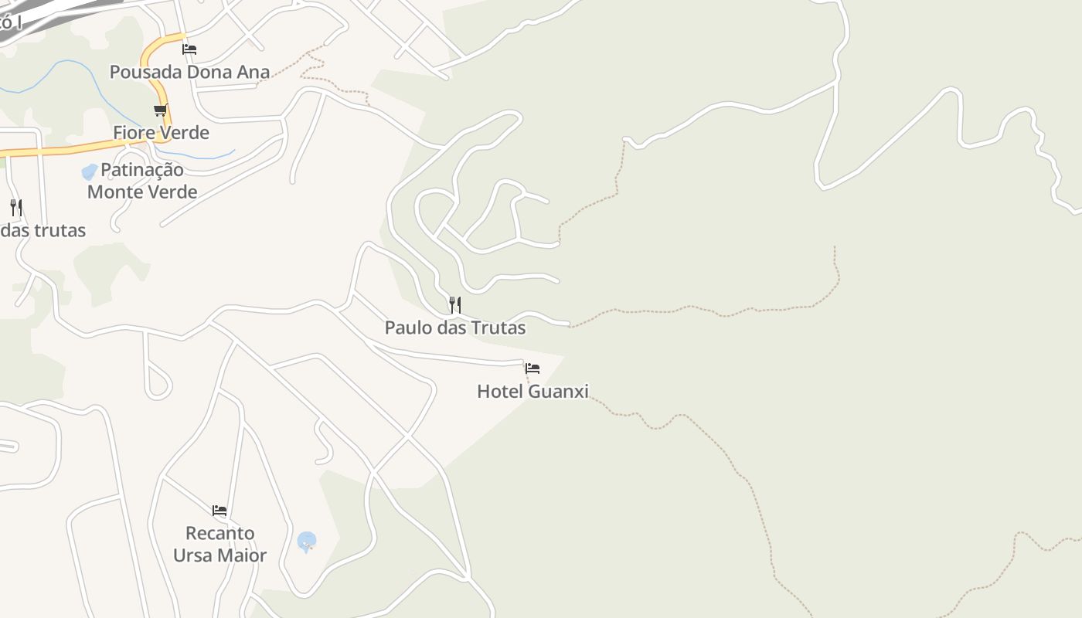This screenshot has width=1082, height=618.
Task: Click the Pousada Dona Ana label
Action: click(189, 72)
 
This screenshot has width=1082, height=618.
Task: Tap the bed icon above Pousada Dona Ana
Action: click(189, 49)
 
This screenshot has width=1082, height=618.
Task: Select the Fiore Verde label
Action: click(161, 132)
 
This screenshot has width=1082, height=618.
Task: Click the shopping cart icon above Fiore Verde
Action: click(161, 110)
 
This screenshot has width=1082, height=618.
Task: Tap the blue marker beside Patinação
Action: click(90, 171)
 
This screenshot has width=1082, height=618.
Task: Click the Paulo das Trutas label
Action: click(454, 328)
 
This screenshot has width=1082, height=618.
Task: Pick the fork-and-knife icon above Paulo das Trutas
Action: click(455, 305)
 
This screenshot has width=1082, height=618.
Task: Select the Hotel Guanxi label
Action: click(532, 391)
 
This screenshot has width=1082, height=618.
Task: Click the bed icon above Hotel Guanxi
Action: click(532, 368)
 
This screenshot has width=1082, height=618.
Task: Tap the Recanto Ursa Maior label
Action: click(219, 544)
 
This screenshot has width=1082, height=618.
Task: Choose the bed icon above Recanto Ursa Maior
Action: click(219, 511)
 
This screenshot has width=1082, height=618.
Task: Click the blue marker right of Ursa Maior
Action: click(307, 542)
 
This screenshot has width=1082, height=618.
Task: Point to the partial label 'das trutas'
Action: click(43, 230)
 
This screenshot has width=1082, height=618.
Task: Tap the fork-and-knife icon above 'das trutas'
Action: click(16, 207)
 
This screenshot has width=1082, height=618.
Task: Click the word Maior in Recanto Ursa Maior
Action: click(242, 555)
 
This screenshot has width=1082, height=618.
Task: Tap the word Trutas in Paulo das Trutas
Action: click(499, 328)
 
